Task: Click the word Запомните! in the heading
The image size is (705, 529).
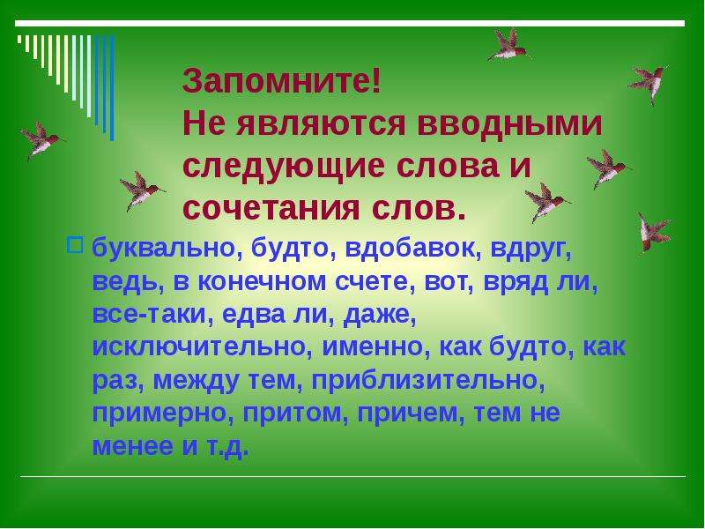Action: [282, 80]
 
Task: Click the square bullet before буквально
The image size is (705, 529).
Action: [75, 245]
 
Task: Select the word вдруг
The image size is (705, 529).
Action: [531, 250]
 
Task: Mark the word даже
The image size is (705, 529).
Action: [380, 315]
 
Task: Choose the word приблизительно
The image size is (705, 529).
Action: [427, 381]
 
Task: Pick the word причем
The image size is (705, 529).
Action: [411, 414]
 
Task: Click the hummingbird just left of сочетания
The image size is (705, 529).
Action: [141, 191]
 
